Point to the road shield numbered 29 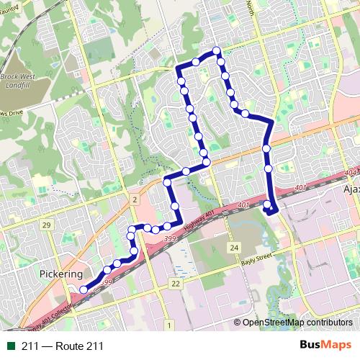(46, 226)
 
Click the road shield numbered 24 (233, 248)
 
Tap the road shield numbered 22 (176, 284)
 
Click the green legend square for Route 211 (10, 346)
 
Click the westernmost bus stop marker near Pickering (84, 290)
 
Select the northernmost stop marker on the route (216, 50)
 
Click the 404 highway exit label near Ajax (351, 174)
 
